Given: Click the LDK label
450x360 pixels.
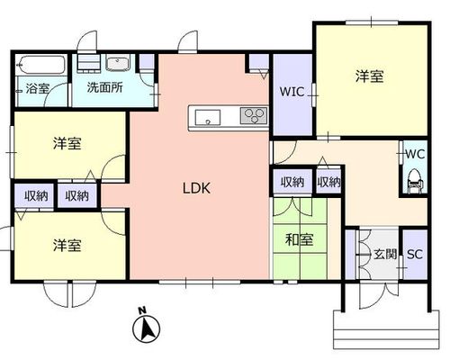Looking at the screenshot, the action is click(x=196, y=188).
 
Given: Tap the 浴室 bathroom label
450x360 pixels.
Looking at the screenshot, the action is click(x=37, y=88).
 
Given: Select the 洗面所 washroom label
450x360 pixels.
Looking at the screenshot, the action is click(x=104, y=87).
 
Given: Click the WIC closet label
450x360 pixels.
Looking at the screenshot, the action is click(x=292, y=92).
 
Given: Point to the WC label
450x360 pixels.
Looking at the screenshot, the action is click(x=415, y=154).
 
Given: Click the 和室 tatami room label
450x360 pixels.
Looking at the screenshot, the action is click(x=300, y=239).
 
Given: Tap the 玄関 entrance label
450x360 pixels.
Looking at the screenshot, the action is click(x=385, y=255).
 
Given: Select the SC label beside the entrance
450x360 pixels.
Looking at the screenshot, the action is click(x=415, y=255).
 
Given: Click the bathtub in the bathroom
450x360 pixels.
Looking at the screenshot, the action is click(x=40, y=65).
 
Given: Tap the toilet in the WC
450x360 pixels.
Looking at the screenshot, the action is click(x=415, y=180).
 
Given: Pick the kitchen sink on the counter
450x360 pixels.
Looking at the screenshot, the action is click(x=208, y=117).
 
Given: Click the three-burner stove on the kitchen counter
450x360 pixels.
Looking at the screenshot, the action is click(x=254, y=116).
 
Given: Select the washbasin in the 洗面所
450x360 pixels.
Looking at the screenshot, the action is click(x=118, y=62).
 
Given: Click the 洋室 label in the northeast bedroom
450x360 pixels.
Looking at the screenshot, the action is click(x=370, y=76).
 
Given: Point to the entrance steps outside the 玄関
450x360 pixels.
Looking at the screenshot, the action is click(x=386, y=329).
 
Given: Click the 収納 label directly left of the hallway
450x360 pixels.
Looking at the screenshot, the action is click(x=329, y=182).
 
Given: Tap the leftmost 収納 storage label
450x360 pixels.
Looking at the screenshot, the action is click(x=36, y=196).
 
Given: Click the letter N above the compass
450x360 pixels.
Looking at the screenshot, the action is click(x=142, y=310).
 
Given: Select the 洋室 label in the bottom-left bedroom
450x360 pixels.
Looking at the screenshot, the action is click(x=67, y=245).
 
